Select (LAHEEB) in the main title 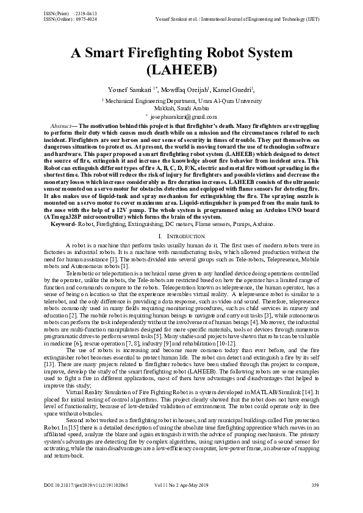pos(181,69)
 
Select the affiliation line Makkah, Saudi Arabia pos(181,107)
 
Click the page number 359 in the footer pos(315,502)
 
